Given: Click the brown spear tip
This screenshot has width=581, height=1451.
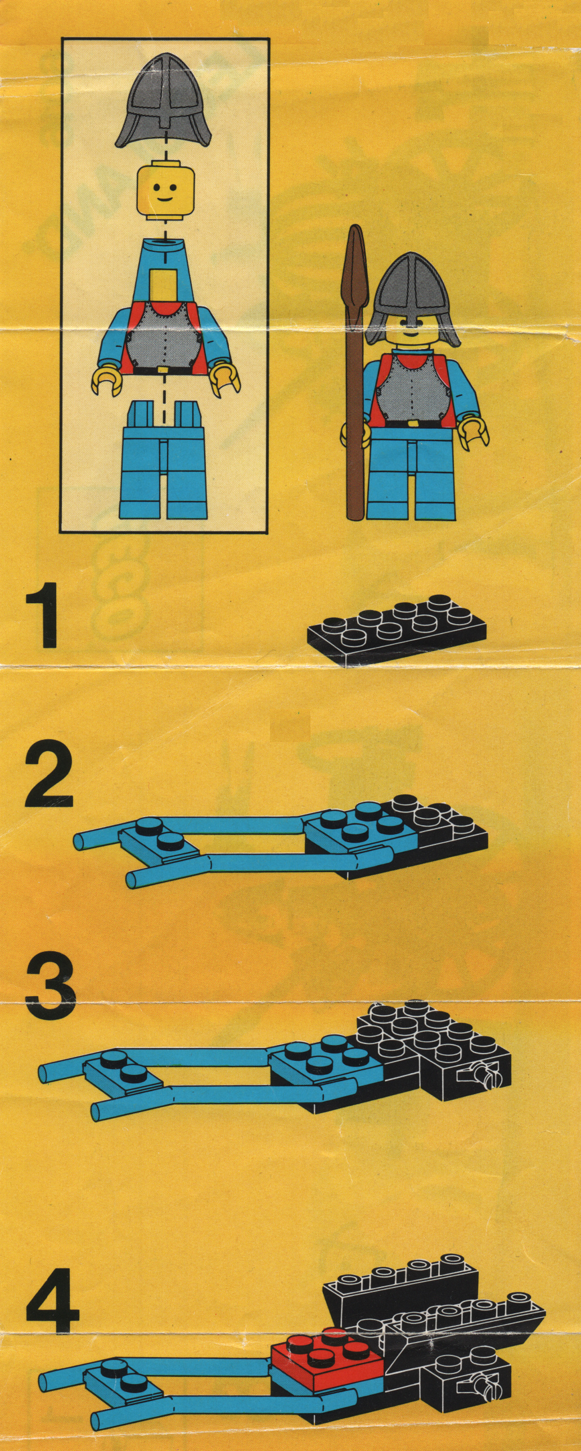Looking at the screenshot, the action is click(x=355, y=265).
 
